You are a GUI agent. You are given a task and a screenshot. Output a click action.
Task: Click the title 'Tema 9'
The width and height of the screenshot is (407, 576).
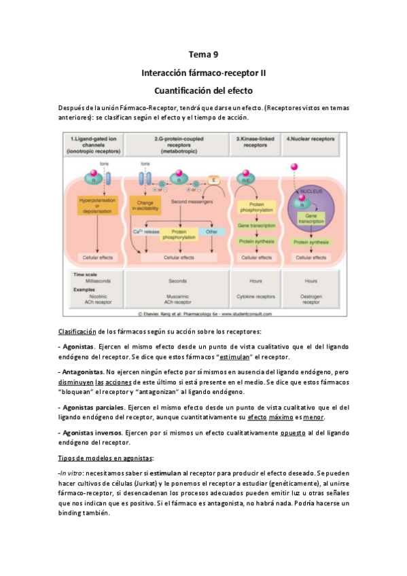pos(203,54)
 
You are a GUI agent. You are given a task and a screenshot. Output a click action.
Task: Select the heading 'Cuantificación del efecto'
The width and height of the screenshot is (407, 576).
pos(203,89)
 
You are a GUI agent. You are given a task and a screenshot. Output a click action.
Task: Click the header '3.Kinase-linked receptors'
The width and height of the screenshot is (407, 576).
pos(254,141)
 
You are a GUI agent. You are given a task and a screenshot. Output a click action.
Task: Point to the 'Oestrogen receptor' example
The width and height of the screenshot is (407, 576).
pos(311,300)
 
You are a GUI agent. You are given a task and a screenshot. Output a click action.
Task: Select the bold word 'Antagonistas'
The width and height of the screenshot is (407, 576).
pos(82,372)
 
